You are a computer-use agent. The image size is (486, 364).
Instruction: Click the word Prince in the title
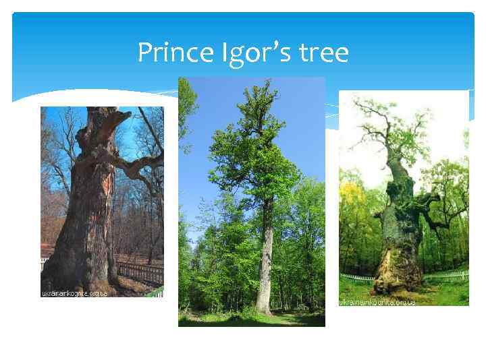click(169, 52)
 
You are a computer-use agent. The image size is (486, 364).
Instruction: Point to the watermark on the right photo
click(377, 302)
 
